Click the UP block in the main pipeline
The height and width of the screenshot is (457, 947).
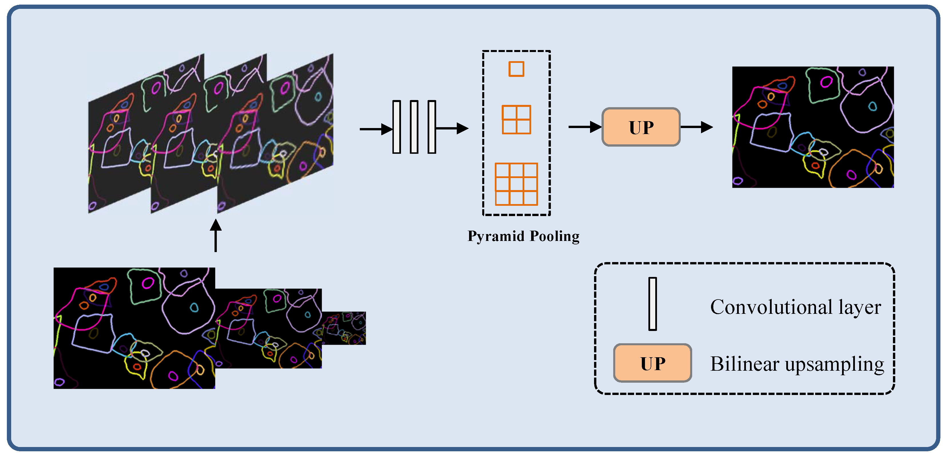click(x=641, y=127)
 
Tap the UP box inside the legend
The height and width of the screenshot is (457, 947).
click(x=652, y=363)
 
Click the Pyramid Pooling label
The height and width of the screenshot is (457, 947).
click(x=523, y=236)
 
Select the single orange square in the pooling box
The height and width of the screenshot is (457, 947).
click(x=516, y=69)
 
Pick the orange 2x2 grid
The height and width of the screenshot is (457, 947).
click(x=516, y=119)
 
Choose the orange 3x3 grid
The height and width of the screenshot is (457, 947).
click(x=516, y=184)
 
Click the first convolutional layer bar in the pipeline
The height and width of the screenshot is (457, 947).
click(x=396, y=127)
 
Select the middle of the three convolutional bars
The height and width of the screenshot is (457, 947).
click(x=414, y=127)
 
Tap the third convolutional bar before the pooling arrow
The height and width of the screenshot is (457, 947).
click(x=432, y=127)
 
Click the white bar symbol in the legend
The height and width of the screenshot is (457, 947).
click(x=652, y=304)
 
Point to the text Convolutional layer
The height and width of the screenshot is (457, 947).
click(x=795, y=307)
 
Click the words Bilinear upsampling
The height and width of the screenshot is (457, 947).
click(x=797, y=364)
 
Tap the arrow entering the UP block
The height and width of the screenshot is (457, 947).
click(x=585, y=127)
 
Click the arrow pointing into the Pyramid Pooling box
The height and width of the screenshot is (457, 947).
click(x=452, y=129)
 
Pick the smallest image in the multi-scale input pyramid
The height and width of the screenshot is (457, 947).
click(x=344, y=328)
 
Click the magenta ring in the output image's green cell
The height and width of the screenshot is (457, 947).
click(x=826, y=81)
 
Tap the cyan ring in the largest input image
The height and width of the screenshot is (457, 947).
click(x=194, y=308)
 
